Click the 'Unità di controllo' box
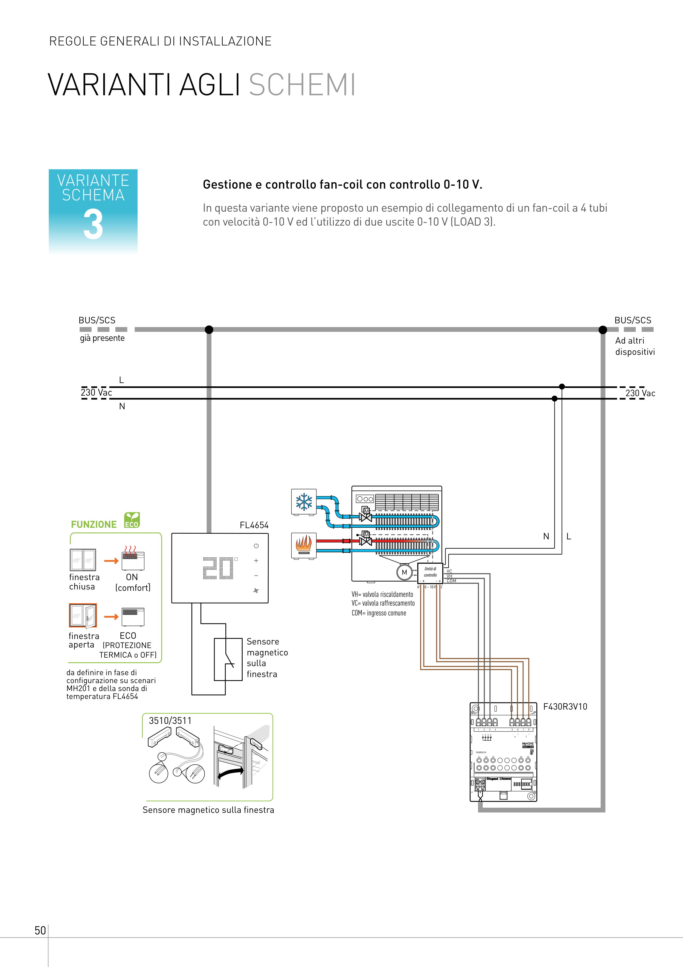[430, 572]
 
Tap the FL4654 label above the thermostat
[254, 525]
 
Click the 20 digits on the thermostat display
[218, 568]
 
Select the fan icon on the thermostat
[256, 591]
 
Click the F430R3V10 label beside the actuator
[565, 707]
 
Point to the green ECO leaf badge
[132, 520]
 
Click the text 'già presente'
[102, 338]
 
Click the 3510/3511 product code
[170, 721]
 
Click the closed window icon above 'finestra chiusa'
[83, 560]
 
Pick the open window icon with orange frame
[83, 615]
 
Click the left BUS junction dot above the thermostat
[209, 329]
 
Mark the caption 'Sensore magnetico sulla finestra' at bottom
[208, 810]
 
